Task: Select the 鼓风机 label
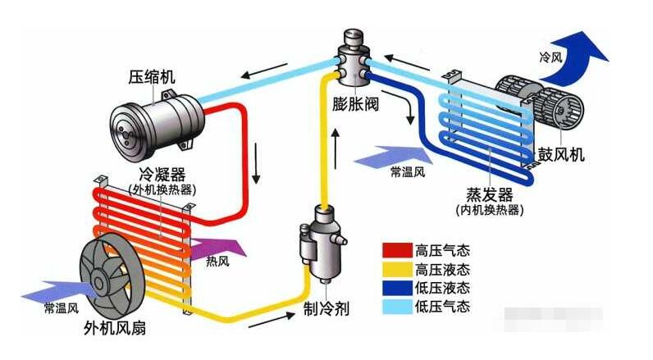point(561,154)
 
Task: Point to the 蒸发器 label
point(489,195)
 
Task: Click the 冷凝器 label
point(162,175)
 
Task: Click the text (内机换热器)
point(489,211)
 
